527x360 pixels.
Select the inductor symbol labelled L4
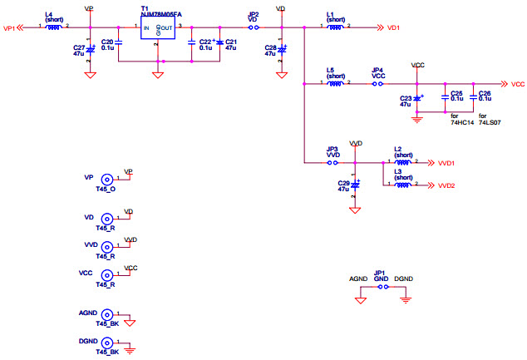52,27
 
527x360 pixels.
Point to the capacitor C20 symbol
119,42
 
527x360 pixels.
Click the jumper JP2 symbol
254,27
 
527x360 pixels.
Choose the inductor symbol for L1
336,27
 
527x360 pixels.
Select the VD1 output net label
394,27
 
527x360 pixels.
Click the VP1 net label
11,27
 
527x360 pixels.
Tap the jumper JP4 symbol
378,84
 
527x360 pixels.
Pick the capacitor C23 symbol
417,99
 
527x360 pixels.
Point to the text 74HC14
461,122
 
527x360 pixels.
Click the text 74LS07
490,122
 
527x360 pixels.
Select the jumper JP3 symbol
332,163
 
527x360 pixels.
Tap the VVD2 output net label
446,185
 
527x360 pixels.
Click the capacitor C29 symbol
355,184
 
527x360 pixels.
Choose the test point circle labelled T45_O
106,180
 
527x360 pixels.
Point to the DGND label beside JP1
404,279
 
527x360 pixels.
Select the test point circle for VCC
106,275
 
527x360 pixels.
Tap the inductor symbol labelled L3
403,185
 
